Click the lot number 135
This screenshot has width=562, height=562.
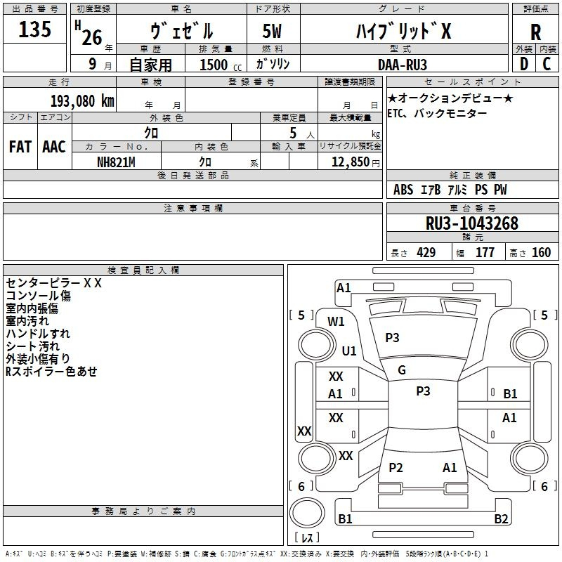(34, 29)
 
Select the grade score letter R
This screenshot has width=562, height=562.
(535, 32)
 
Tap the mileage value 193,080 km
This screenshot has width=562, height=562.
(82, 101)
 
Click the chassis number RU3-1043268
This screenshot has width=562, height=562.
(471, 223)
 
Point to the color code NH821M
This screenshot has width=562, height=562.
(116, 162)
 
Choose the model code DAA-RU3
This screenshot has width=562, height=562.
(402, 65)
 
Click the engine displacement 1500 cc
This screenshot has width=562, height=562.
(220, 65)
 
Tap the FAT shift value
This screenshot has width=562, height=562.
(20, 147)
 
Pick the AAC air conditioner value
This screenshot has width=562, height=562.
(54, 147)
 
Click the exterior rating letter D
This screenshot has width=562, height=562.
(524, 64)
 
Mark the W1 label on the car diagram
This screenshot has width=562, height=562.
(336, 322)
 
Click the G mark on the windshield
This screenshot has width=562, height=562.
(402, 370)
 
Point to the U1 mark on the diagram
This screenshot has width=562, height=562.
(349, 351)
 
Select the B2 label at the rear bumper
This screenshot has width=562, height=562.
(501, 518)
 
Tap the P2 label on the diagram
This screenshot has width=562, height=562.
(396, 467)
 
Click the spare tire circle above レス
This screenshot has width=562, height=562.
(307, 513)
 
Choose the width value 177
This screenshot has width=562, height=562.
(485, 252)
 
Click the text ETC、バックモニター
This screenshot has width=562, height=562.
(437, 114)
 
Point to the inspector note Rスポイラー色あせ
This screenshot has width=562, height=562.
(51, 372)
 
